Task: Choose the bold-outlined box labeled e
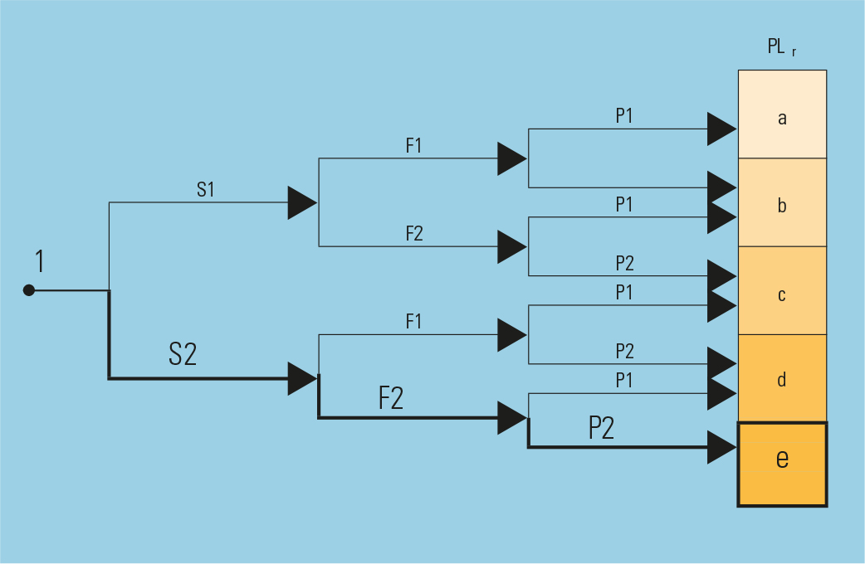coord(782,464)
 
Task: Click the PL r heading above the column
coord(781,47)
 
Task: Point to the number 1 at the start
coord(39,262)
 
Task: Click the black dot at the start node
coord(29,290)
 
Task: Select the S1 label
coord(206,190)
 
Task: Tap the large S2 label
coord(183,354)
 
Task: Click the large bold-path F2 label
coord(391,398)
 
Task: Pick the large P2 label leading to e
coord(601,427)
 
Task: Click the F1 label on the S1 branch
coord(413,146)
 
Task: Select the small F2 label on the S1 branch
coord(413,234)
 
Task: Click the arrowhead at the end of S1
coord(301,202)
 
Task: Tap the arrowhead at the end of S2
coord(301,378)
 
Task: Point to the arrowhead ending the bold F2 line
coord(511,417)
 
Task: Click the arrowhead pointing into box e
coord(721,448)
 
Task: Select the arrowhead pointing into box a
coord(721,129)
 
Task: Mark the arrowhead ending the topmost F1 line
coord(511,158)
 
